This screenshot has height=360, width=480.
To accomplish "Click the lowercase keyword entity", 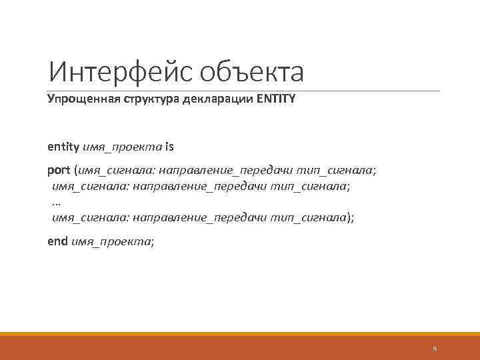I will tap(62, 146).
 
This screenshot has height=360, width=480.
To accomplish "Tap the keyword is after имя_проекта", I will tap(169, 146).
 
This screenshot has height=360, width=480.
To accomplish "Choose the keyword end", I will tap(57, 241).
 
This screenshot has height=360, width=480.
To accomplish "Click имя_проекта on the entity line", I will tap(121, 146).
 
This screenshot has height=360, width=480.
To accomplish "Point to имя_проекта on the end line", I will tap(111, 241).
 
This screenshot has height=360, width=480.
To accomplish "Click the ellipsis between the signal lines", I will tap(56, 201).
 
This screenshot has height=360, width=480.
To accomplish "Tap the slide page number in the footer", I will tap(434, 349).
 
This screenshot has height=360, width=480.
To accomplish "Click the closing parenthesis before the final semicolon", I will tap(348, 217).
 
